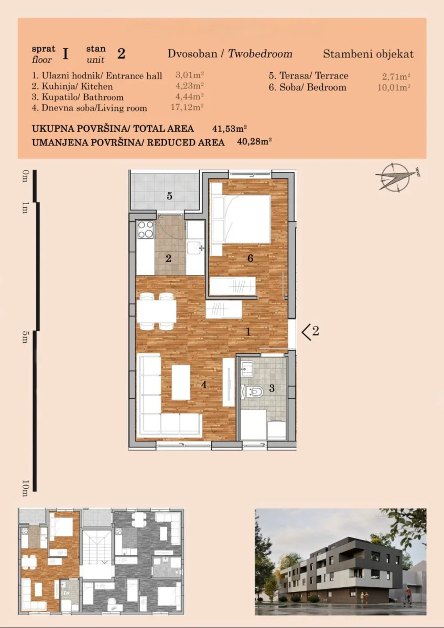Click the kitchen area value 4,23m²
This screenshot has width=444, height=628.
(x=190, y=85)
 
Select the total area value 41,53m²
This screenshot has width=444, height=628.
(x=230, y=129)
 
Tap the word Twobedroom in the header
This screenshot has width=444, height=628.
(x=260, y=53)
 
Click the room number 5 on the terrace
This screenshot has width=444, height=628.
(x=169, y=196)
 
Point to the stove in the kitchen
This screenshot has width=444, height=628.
(x=146, y=230)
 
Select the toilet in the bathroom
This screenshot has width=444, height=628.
(x=254, y=391)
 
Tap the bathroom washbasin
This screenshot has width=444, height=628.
(x=246, y=369)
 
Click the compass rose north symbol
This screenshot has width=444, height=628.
(x=396, y=177)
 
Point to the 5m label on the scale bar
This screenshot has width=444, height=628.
(x=25, y=337)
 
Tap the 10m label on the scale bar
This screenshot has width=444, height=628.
(x=25, y=488)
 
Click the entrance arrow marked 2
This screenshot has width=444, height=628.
(x=310, y=332)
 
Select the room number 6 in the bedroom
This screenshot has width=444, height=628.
(x=250, y=258)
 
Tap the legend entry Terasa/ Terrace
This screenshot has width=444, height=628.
(x=308, y=76)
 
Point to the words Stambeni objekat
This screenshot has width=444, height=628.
(x=368, y=54)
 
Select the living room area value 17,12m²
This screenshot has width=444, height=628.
(x=187, y=107)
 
